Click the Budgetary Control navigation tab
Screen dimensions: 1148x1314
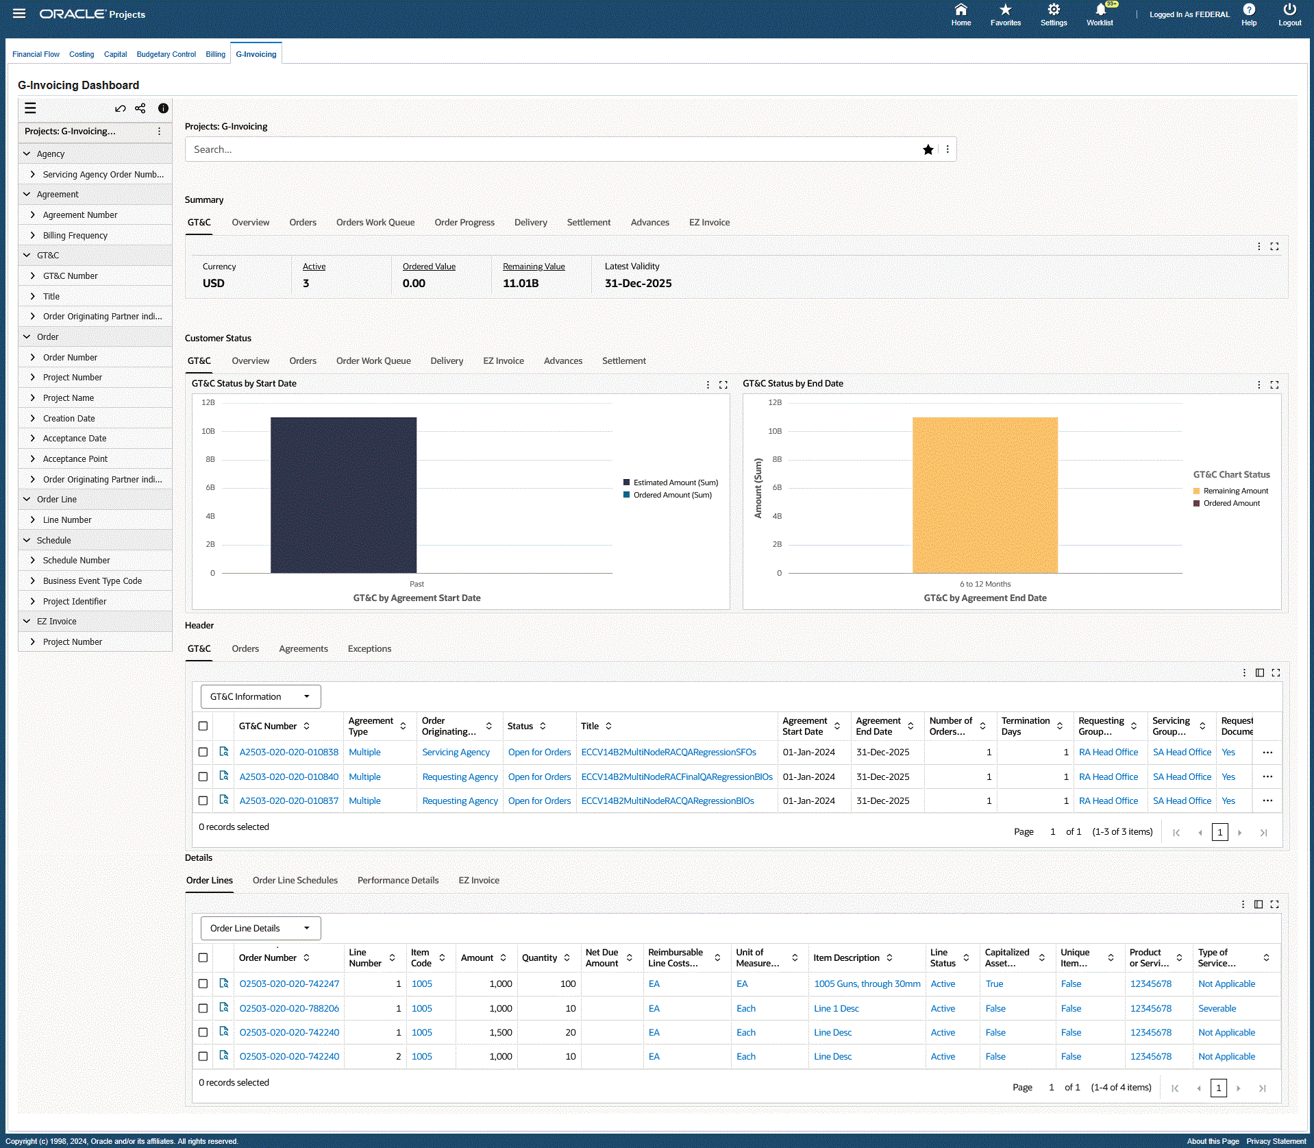[x=166, y=54]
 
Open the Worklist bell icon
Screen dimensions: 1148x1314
[x=1100, y=10]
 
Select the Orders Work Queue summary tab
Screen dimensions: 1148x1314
[x=375, y=222]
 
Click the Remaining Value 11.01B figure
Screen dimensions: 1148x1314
[x=521, y=283]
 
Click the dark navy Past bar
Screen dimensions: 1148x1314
[x=343, y=494]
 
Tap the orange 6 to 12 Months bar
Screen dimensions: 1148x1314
[x=984, y=494]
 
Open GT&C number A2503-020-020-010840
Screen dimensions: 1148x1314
[x=288, y=777]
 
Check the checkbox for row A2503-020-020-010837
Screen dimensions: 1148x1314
[x=203, y=801]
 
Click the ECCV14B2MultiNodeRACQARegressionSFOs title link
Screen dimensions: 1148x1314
[x=668, y=752]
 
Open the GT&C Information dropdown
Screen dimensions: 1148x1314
[x=260, y=696]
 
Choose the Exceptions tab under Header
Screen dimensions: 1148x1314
[x=369, y=648]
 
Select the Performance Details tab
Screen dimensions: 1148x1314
[x=397, y=880]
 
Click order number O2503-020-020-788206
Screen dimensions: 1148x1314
[x=289, y=1008]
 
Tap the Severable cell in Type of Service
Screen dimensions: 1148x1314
[x=1217, y=1008]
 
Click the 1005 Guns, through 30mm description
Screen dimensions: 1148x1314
[x=867, y=984]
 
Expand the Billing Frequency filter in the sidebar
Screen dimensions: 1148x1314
[x=75, y=235]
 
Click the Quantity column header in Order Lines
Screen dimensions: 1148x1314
[x=539, y=957]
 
